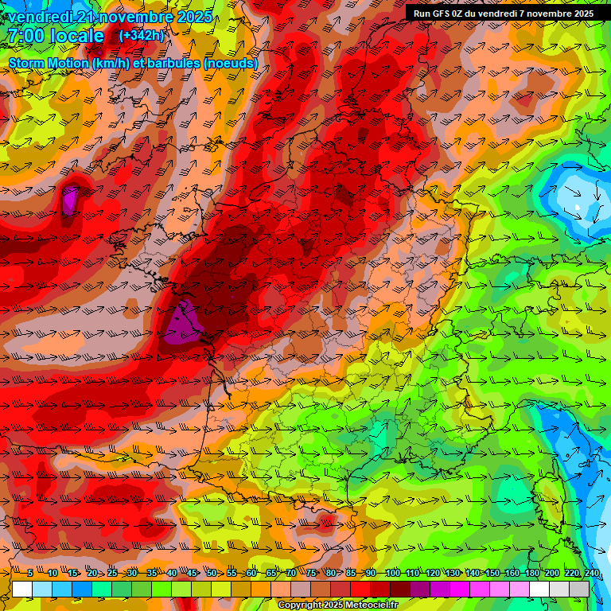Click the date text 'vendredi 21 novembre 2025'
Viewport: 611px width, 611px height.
click(x=109, y=17)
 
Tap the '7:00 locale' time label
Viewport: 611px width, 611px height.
click(x=56, y=36)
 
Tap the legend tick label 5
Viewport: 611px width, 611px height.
click(x=30, y=574)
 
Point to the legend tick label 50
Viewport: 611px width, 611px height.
click(x=212, y=574)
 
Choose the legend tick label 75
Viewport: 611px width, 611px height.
click(x=311, y=574)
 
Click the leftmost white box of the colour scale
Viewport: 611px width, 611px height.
click(x=22, y=589)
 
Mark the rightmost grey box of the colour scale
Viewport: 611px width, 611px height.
click(x=579, y=589)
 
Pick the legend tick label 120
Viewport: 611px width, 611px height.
click(x=431, y=574)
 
